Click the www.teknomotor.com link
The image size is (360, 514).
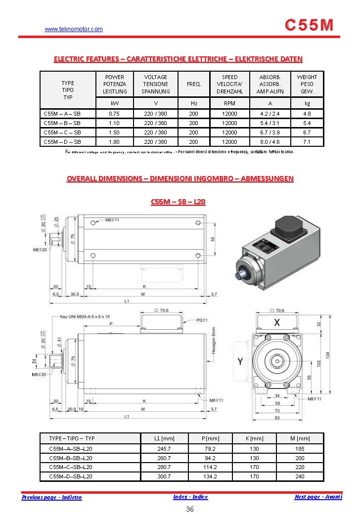(74, 29)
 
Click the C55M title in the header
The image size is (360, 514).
(310, 25)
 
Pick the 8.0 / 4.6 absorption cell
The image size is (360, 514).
(270, 142)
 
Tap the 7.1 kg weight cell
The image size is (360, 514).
(307, 142)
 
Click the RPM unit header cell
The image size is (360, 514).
(229, 103)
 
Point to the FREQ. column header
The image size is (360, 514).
(193, 84)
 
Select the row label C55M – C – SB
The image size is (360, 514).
(62, 132)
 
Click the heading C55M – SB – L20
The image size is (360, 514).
(178, 202)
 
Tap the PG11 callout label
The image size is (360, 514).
(201, 320)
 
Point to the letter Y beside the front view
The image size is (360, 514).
(240, 362)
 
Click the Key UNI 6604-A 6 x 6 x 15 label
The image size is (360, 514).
(85, 316)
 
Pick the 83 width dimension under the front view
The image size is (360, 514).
(277, 419)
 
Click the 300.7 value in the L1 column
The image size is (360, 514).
(165, 476)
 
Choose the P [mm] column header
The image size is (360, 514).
(211, 438)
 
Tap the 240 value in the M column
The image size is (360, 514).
(300, 476)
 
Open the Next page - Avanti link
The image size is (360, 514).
(318, 497)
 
